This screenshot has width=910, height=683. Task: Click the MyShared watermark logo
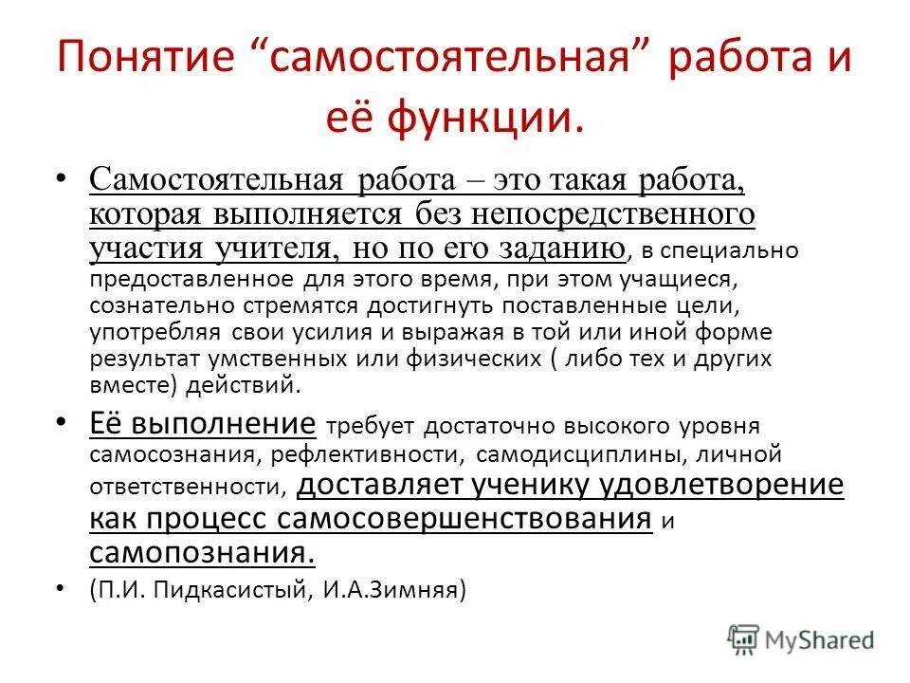(801, 639)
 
